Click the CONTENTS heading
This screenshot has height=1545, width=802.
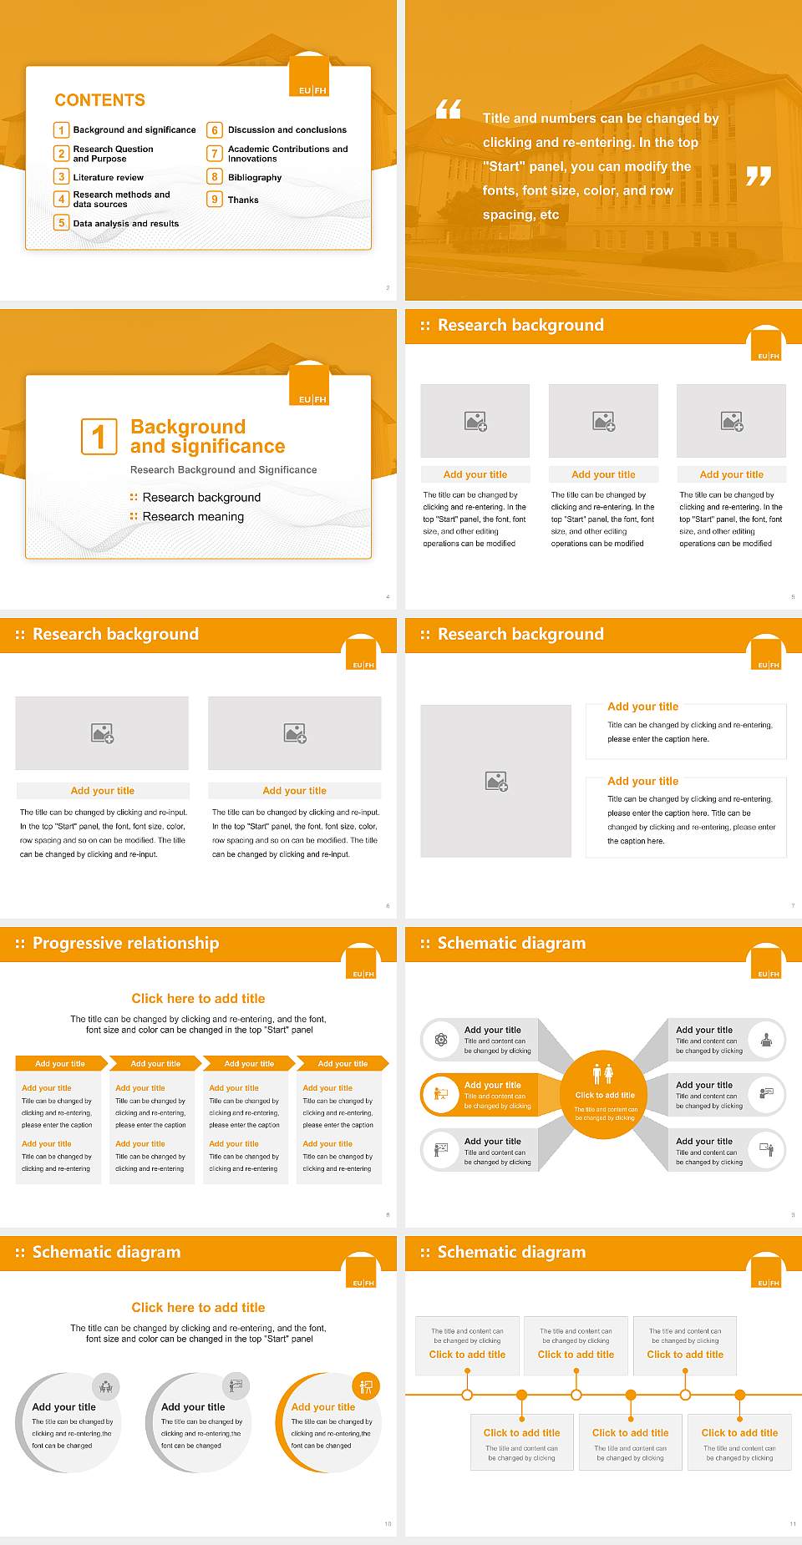point(99,100)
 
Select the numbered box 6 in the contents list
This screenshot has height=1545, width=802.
point(215,130)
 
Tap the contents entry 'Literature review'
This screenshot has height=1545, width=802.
point(108,177)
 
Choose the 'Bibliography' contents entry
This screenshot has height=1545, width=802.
point(254,177)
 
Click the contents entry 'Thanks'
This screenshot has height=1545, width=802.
point(243,200)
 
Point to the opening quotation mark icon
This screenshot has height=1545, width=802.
point(449,109)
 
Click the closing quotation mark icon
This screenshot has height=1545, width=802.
point(758,176)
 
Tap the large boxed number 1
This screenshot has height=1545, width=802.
point(99,436)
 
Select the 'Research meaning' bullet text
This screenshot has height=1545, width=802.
point(193,517)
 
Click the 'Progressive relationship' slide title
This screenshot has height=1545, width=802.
point(125,943)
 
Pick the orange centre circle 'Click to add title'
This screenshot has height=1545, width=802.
point(604,1094)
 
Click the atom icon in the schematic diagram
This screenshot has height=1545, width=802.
point(440,1040)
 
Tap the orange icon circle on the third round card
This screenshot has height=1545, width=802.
point(366,1386)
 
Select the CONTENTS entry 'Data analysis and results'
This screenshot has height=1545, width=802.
point(125,224)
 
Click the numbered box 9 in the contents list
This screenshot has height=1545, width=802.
point(215,200)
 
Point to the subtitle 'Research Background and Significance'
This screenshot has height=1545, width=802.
point(223,470)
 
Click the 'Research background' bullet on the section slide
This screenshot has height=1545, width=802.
point(201,498)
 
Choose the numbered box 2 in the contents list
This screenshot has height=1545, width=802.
point(61,154)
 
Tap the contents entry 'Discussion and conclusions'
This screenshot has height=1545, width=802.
point(287,130)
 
